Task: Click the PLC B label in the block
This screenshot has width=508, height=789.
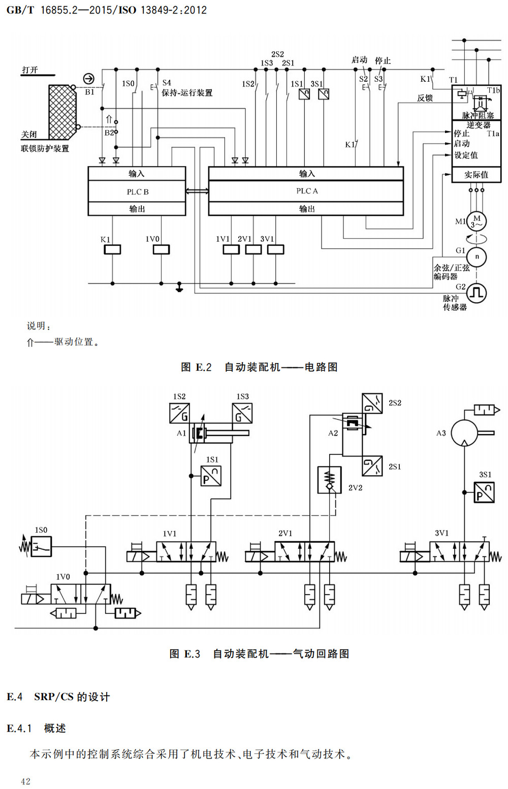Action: coord(137,192)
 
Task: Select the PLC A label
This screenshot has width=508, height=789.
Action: coord(307,191)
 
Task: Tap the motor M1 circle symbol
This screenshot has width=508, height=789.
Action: coord(477,221)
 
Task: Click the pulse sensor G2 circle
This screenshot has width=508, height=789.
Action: coord(477,293)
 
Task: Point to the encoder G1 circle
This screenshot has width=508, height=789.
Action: coord(477,257)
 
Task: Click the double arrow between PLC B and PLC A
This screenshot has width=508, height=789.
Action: coord(197,191)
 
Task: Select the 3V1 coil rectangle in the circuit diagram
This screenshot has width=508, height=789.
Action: coord(276,249)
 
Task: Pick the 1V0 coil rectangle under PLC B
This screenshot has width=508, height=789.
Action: coord(162,249)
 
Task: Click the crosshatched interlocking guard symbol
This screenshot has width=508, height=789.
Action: coord(62,112)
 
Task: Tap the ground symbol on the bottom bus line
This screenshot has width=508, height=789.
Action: coord(179,287)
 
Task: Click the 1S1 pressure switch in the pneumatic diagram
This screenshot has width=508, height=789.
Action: coord(211,476)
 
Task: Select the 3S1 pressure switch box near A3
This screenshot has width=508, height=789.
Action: coord(484,492)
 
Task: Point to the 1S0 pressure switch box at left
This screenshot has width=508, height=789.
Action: coord(41,546)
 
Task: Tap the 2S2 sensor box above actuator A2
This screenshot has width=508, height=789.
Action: coord(372,404)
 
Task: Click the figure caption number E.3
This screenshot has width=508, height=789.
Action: coord(192,654)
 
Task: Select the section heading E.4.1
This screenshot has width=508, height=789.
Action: coord(19,729)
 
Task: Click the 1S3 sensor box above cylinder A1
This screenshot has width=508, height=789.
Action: coord(242,413)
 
